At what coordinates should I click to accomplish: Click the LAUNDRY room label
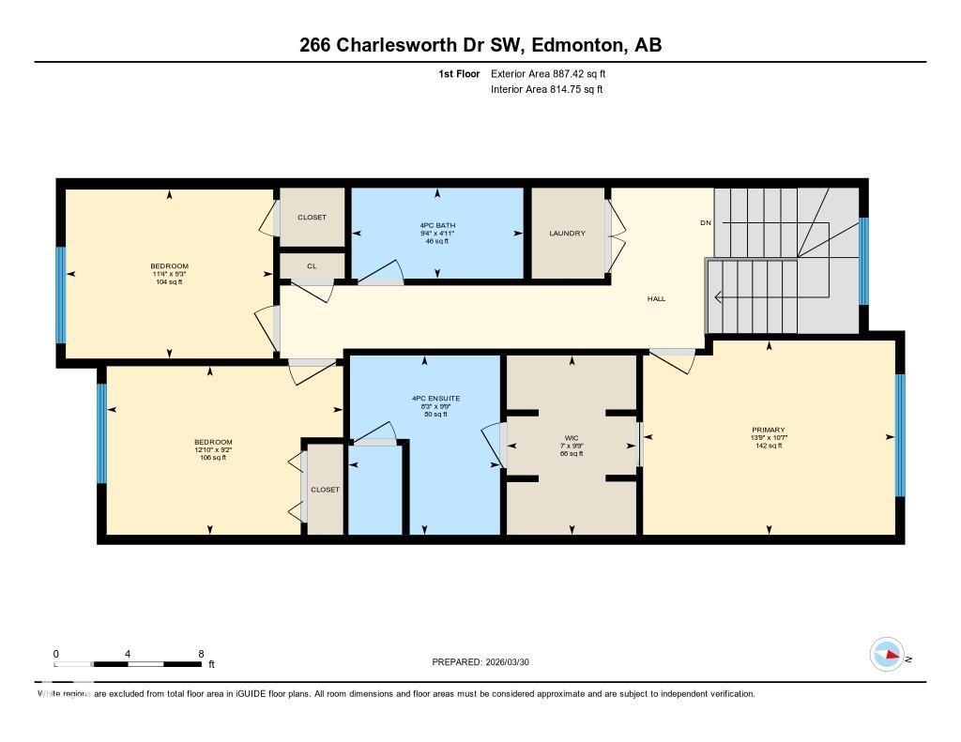coord(567,234)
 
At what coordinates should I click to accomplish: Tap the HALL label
coord(656,298)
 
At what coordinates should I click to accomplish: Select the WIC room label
coord(572,437)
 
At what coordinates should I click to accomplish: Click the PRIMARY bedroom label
coord(768,430)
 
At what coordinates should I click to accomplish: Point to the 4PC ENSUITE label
coord(435,398)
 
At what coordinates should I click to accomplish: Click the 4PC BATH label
coord(436,225)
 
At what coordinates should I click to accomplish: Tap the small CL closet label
coord(312,266)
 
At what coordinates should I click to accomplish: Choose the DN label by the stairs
coord(706,222)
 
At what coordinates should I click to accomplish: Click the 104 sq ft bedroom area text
coord(169,281)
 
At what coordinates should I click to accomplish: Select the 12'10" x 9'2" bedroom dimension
coord(213,449)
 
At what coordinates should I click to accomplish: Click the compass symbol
coord(887,654)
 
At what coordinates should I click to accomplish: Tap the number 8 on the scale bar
coord(201,654)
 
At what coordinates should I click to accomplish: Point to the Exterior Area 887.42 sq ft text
coord(554,73)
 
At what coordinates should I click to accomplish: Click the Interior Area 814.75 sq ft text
coord(546,90)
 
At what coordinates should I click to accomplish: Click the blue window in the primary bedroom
coord(900,434)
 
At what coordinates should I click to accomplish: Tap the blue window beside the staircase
coord(863,262)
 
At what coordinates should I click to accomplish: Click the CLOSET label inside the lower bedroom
coord(325,490)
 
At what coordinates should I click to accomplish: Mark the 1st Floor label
coord(459,73)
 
